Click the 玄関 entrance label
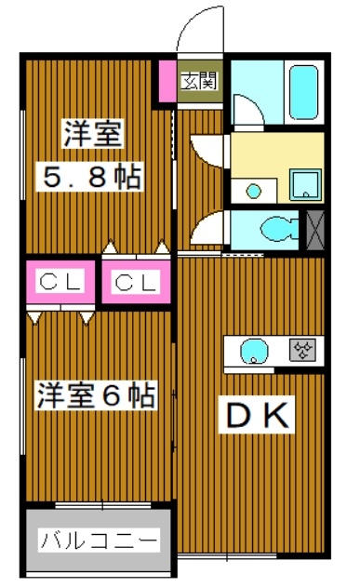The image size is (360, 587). point(199,82)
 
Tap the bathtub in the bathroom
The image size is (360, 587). point(303,93)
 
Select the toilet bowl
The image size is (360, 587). point(279,229)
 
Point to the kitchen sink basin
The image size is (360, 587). point(254,352)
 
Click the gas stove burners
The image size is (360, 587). point(302,350)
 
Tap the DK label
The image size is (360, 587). point(257,414)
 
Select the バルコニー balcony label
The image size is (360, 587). point(99,540)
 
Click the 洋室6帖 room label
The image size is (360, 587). point(96,395)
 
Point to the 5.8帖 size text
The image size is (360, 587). point(89,177)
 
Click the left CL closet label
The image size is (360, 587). point(60,282)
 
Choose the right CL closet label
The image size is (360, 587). point(136,283)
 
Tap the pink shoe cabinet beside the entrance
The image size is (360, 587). point(167,81)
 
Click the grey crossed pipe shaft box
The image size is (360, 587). point(315,230)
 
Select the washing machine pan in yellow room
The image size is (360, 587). point(305,185)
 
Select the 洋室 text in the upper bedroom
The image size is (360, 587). point(93,134)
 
